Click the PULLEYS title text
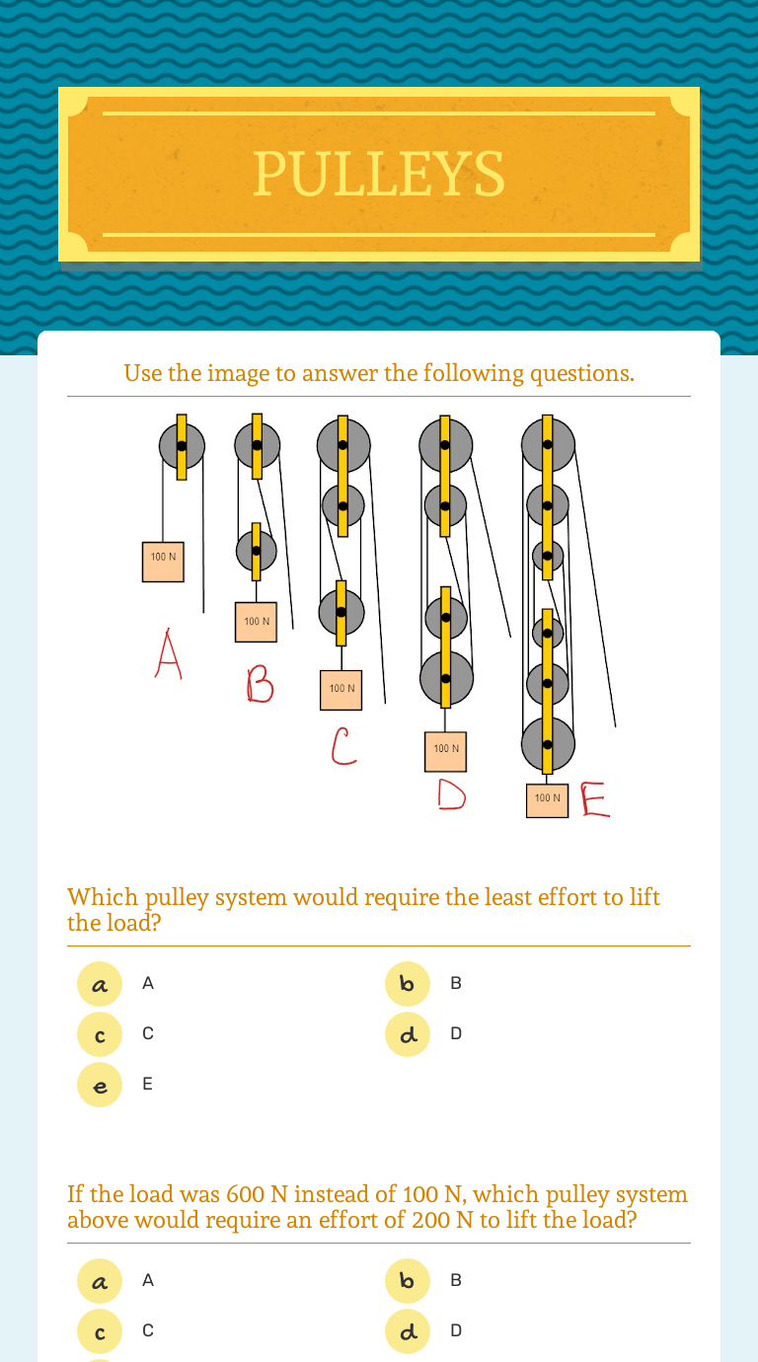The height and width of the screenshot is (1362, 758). coord(379,174)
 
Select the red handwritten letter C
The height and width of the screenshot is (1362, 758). coord(342,748)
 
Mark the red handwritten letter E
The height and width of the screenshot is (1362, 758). coord(595,800)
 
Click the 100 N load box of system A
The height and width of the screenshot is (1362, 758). coord(163,562)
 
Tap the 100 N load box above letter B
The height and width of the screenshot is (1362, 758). coord(256,622)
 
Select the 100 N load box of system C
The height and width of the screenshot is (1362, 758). coord(341,690)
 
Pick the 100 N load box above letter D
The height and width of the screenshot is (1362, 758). coord(446,751)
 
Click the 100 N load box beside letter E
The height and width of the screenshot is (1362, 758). coord(547,798)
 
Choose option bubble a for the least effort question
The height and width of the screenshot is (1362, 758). coord(100,984)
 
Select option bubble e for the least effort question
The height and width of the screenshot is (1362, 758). coord(100,1085)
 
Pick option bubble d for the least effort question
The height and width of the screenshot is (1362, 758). coord(408,1034)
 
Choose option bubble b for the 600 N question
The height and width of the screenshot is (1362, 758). coord(408,1281)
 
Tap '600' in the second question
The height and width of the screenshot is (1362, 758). coord(246,1195)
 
